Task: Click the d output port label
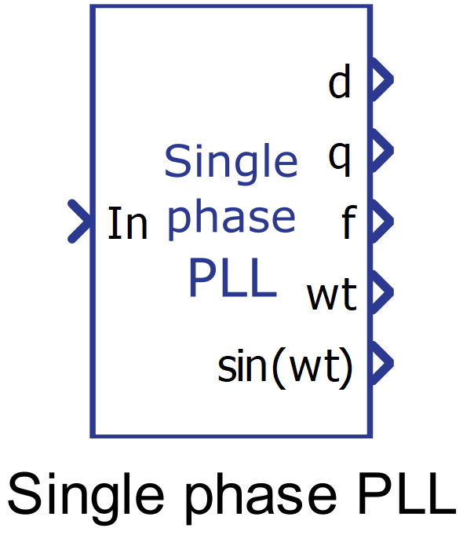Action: (340, 82)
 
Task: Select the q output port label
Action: (340, 159)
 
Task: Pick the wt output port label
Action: (332, 294)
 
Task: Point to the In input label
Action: (128, 223)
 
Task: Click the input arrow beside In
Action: (79, 222)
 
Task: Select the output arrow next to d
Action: (381, 79)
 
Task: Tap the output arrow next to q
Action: (381, 151)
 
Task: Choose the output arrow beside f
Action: (381, 222)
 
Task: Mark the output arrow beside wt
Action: (381, 292)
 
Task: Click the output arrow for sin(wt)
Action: (381, 363)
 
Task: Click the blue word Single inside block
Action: (231, 164)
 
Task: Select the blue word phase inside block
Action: (231, 220)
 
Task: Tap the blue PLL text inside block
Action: (233, 278)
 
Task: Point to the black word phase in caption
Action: (261, 499)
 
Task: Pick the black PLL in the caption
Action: (406, 493)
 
